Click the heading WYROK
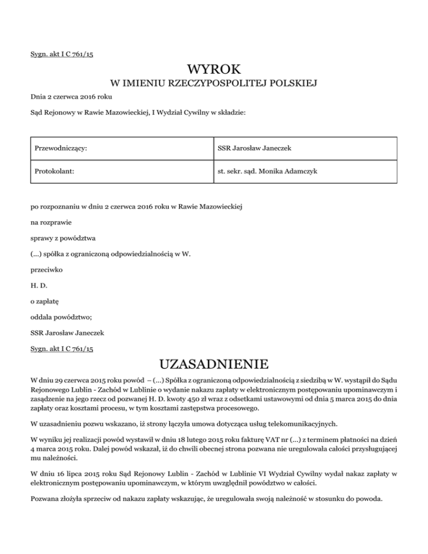click(214, 69)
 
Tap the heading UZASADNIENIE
click(214, 365)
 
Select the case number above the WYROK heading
click(62, 54)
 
